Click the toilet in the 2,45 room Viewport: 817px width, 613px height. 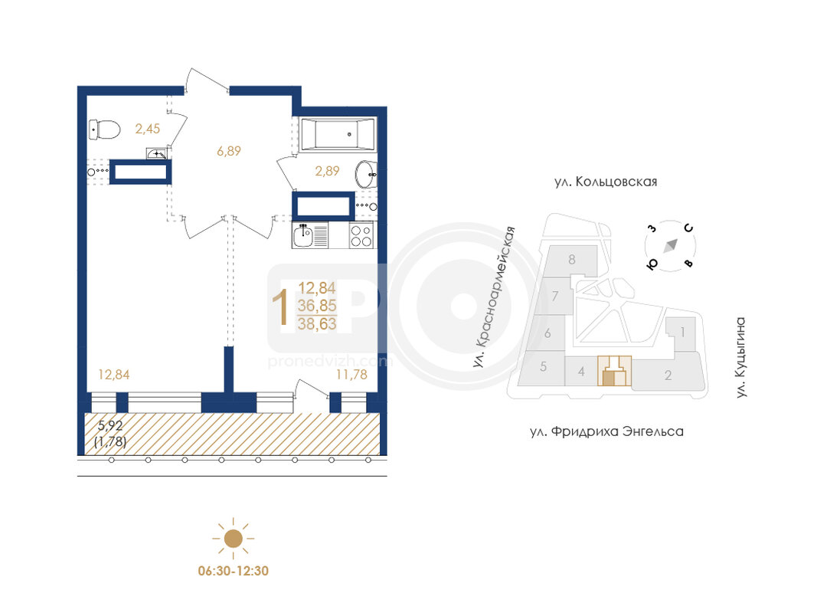tap(104, 129)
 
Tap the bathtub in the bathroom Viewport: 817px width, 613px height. tap(338, 135)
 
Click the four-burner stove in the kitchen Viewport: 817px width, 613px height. tap(361, 235)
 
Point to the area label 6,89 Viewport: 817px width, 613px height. tap(229, 151)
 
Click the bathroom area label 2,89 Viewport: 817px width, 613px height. tap(327, 171)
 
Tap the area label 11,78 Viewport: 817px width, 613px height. tap(351, 374)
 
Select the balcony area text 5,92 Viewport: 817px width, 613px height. tap(110, 425)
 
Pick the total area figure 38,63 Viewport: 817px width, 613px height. tap(317, 324)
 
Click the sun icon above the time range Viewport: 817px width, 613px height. tap(233, 539)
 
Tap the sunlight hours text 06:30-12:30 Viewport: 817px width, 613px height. tap(234, 572)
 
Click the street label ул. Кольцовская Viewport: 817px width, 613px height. tap(606, 182)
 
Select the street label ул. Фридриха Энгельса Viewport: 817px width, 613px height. tap(606, 431)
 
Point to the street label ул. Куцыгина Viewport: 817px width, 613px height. tap(740, 358)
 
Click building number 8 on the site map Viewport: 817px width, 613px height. tap(571, 260)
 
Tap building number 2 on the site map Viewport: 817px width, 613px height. tap(668, 375)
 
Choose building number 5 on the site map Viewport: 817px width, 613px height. tap(543, 367)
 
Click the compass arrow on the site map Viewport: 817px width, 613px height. tap(670, 245)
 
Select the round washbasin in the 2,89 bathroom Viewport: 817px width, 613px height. tap(366, 174)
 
